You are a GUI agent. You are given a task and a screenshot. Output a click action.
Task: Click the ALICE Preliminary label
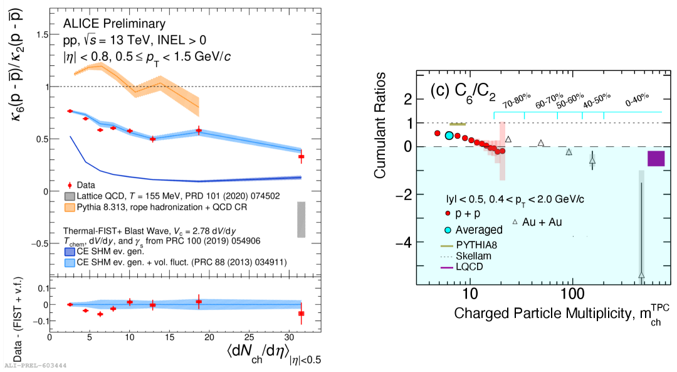click(105, 24)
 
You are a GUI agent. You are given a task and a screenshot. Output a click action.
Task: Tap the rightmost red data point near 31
click(302, 156)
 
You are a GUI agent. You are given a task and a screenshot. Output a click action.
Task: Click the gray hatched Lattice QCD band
click(302, 220)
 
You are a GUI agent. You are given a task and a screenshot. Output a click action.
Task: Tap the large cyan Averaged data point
click(449, 136)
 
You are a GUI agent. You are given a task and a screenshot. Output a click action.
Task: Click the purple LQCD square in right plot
click(656, 159)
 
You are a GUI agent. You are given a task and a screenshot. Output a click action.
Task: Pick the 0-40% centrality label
click(636, 99)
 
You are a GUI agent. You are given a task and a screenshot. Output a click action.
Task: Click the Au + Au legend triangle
click(515, 222)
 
